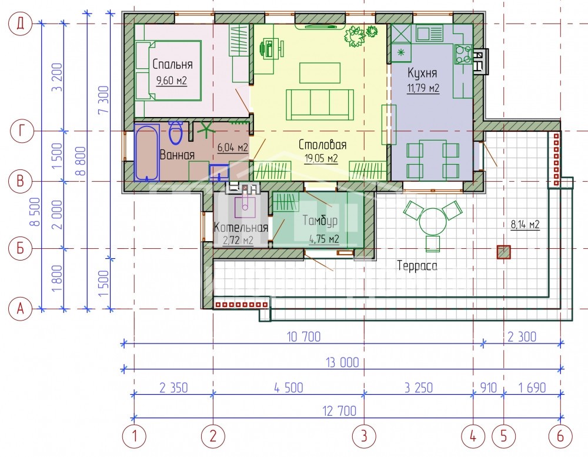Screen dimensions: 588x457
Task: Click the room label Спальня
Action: click(x=172, y=65)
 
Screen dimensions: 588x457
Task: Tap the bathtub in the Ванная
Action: click(x=146, y=153)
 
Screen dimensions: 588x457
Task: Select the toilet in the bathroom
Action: click(x=175, y=133)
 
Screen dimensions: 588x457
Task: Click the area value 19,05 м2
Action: click(x=322, y=158)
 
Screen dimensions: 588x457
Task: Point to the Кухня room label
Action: click(x=422, y=73)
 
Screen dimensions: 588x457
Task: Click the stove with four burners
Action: click(x=463, y=54)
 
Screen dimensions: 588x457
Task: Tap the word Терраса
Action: click(x=417, y=266)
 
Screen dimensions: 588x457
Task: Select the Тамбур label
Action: click(x=320, y=220)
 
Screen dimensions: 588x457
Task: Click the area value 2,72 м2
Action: click(x=238, y=240)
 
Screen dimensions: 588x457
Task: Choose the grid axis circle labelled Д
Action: click(x=21, y=24)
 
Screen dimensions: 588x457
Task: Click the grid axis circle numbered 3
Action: click(x=364, y=436)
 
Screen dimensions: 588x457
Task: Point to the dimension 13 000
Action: click(x=343, y=362)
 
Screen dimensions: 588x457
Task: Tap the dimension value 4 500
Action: click(x=288, y=388)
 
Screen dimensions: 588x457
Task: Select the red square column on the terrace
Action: click(x=504, y=252)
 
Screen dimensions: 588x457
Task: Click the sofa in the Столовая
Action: click(x=320, y=105)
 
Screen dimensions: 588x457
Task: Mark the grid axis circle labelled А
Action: click(x=21, y=309)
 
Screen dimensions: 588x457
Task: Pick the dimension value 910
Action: click(x=488, y=388)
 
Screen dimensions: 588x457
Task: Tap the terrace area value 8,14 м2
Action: click(x=525, y=225)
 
